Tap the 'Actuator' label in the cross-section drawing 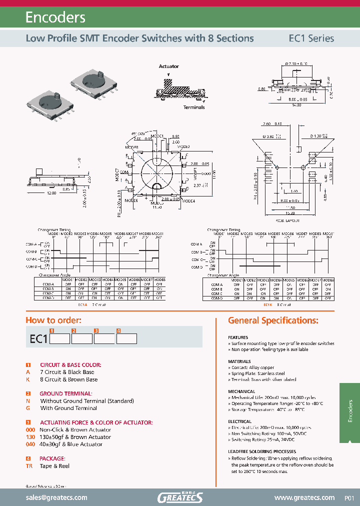click(168, 66)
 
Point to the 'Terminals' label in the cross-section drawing click(193, 107)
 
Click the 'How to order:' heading click(53, 320)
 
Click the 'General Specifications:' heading click(273, 320)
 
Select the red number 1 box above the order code click(51, 330)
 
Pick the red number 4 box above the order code click(118, 330)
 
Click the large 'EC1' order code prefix click(38, 339)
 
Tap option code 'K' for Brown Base click(28, 379)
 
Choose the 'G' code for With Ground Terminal click(28, 408)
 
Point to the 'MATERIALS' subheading click(239, 361)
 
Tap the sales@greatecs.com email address click(56, 497)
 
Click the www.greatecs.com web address click(304, 497)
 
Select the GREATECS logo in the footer click(180, 497)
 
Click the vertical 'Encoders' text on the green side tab click(350, 411)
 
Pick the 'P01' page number click(349, 498)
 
